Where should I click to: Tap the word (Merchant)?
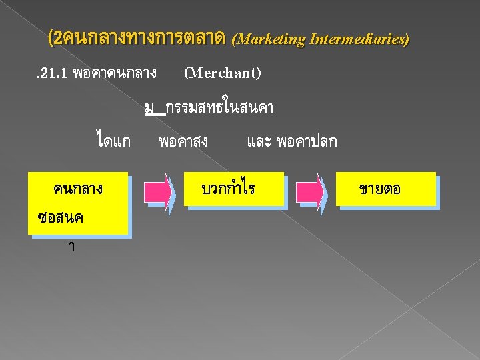coord(222,73)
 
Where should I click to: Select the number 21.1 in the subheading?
coord(51,73)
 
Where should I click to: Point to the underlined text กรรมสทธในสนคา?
coord(220,107)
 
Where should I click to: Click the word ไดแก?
coord(113,141)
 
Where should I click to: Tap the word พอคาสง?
coord(183,141)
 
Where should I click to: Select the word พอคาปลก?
coord(308,141)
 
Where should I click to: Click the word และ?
coord(259,141)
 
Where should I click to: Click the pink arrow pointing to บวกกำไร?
coord(159,189)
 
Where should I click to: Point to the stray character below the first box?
coord(71,247)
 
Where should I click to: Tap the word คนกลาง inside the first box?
coord(78,189)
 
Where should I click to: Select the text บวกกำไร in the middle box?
coord(228,189)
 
